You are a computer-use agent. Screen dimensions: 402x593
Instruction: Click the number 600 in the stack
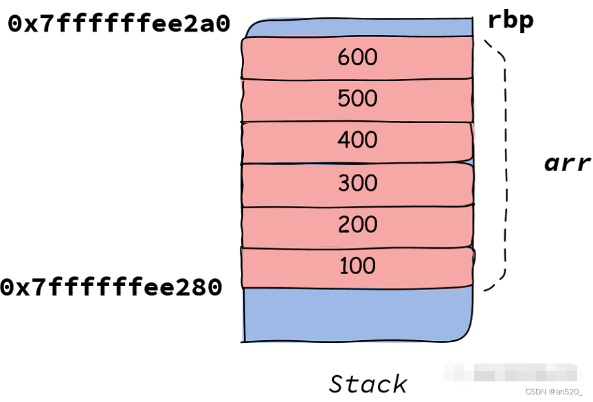click(357, 57)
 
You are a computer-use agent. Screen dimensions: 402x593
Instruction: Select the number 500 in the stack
click(357, 99)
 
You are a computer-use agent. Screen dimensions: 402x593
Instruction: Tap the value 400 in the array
click(357, 141)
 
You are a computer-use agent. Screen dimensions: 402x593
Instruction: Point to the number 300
click(357, 183)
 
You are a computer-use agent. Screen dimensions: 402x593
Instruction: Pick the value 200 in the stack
click(357, 225)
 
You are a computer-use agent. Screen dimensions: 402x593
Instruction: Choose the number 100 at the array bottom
click(357, 266)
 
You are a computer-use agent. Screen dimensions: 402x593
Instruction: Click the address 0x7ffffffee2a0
click(119, 25)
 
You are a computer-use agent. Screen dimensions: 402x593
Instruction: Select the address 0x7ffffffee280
click(112, 288)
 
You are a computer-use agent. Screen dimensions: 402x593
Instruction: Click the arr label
click(567, 164)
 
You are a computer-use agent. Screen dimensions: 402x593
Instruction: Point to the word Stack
click(368, 383)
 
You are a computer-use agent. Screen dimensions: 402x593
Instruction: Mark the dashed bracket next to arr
click(505, 165)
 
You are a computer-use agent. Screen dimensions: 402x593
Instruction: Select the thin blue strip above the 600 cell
click(357, 29)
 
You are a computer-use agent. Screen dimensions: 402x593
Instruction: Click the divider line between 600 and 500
click(357, 79)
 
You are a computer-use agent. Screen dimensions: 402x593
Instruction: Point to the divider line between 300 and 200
click(357, 205)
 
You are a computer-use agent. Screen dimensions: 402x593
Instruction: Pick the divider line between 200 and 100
click(357, 247)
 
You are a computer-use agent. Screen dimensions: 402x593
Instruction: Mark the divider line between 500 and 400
click(357, 122)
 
